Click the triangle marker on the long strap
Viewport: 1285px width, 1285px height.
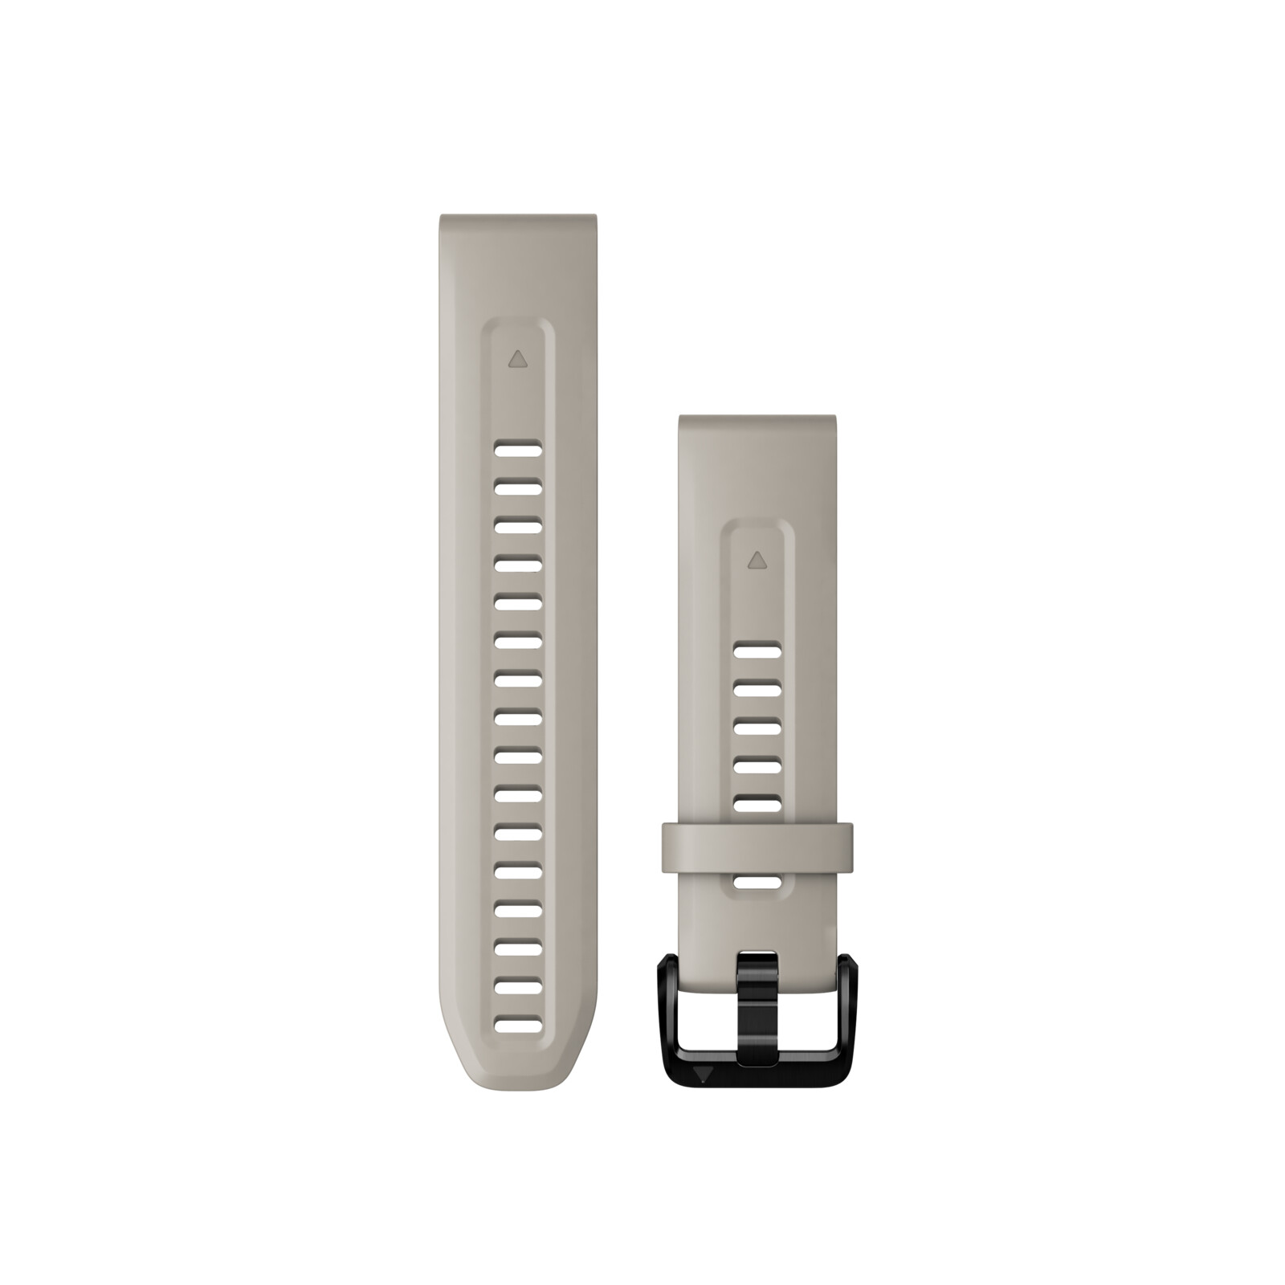tap(518, 358)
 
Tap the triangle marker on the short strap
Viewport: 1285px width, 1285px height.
tap(755, 559)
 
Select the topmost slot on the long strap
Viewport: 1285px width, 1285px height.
tap(518, 450)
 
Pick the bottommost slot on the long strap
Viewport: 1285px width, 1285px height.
tap(518, 1023)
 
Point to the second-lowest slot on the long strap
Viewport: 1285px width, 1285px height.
tap(518, 986)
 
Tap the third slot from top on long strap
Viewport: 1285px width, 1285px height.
tap(518, 525)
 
